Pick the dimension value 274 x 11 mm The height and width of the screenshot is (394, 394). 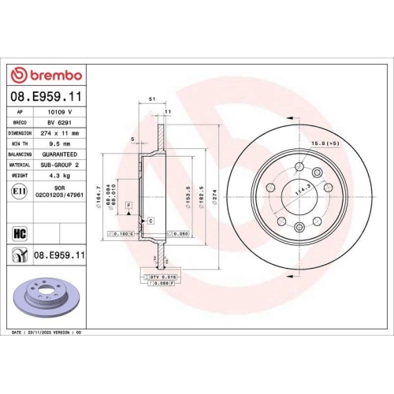65,133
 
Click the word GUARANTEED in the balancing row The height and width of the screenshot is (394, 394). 65,154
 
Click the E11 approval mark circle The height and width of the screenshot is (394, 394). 18,190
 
